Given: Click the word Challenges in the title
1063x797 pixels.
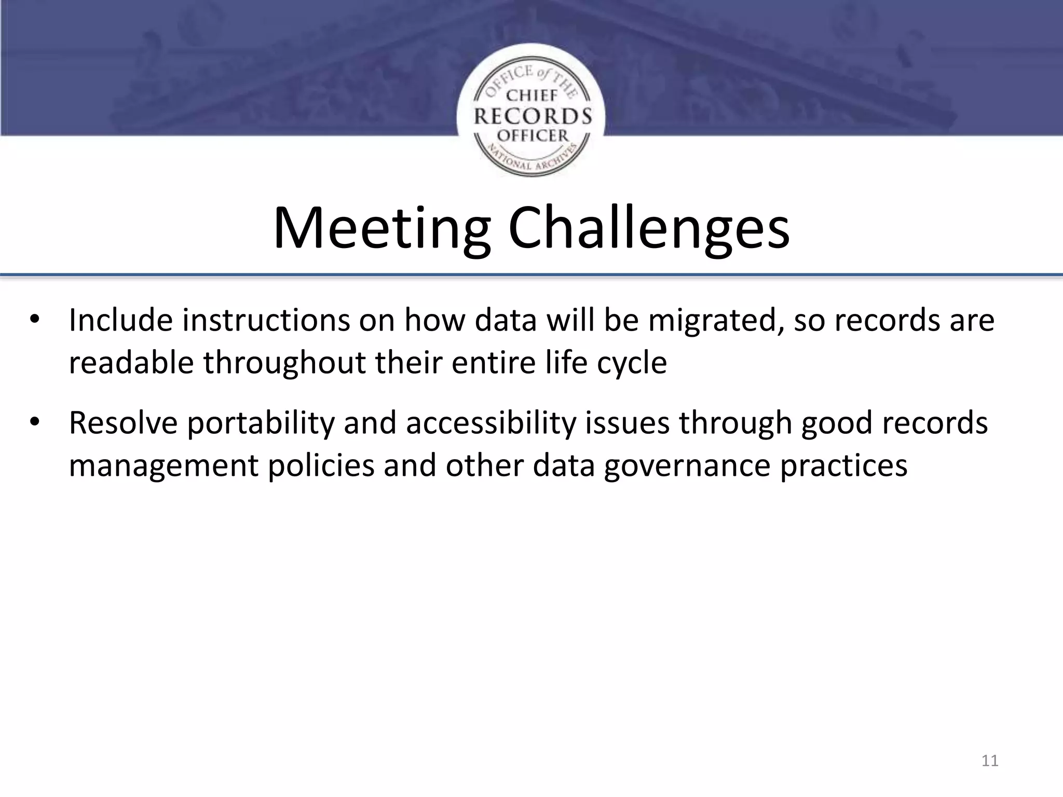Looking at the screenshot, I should click(649, 229).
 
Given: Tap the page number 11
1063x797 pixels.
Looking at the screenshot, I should click(990, 761).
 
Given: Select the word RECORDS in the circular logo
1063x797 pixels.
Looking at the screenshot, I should click(533, 116).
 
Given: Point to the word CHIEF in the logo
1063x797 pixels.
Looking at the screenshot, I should click(531, 95).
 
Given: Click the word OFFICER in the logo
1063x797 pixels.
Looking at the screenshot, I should click(533, 136).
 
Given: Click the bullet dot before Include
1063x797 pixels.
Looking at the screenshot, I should click(34, 320).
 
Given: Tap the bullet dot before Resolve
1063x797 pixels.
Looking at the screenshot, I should click(34, 422).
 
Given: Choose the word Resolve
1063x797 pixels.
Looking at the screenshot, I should click(124, 422).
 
